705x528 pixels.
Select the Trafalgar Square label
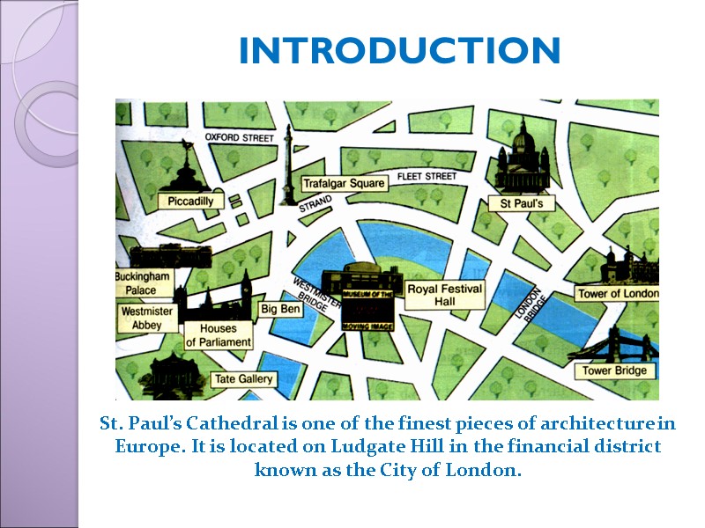[x=344, y=184]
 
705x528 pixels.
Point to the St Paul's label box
[x=522, y=204]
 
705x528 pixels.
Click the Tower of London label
[x=617, y=293]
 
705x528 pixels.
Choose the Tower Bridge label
[x=615, y=370]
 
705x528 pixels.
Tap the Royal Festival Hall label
[x=444, y=295]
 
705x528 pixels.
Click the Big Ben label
[x=280, y=309]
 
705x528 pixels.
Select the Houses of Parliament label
[x=219, y=335]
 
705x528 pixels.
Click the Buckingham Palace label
[x=141, y=283]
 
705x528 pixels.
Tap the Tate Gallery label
[x=244, y=380]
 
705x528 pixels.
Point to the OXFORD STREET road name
[x=240, y=138]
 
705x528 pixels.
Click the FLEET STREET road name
[x=427, y=177]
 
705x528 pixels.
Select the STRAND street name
[x=315, y=205]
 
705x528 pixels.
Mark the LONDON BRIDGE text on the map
[x=532, y=304]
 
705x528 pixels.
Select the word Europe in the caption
[x=144, y=446]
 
